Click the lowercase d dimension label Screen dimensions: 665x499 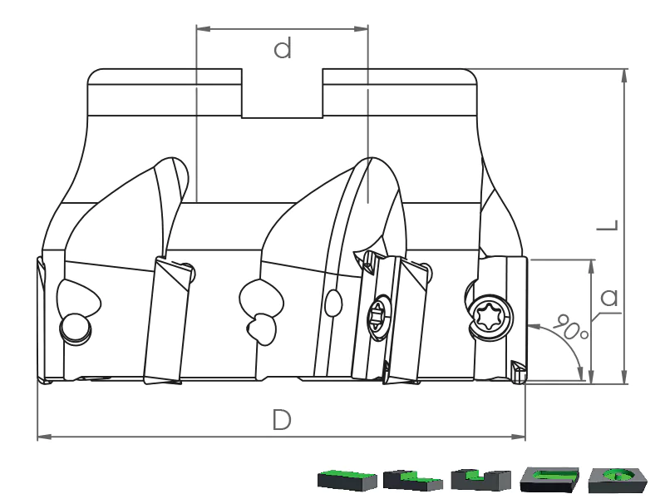pyautogui.click(x=283, y=48)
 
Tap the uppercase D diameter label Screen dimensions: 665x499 pyautogui.click(x=282, y=420)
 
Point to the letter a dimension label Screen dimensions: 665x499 pyautogui.click(x=609, y=298)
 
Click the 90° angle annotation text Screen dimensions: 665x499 pyautogui.click(x=570, y=327)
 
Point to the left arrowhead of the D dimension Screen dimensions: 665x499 pyautogui.click(x=45, y=437)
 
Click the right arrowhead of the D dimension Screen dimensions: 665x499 pyautogui.click(x=518, y=437)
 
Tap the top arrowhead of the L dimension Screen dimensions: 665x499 pyautogui.click(x=624, y=77)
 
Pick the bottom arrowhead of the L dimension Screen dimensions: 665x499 pyautogui.click(x=624, y=377)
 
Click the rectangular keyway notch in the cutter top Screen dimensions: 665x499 pyautogui.click(x=283, y=93)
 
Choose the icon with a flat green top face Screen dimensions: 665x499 pyautogui.click(x=347, y=480)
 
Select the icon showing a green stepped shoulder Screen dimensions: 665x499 pyautogui.click(x=412, y=480)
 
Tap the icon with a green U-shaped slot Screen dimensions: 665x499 pyautogui.click(x=480, y=480)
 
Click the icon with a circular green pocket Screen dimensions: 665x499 pyautogui.click(x=617, y=480)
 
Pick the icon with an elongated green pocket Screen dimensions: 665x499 pyautogui.click(x=549, y=480)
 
